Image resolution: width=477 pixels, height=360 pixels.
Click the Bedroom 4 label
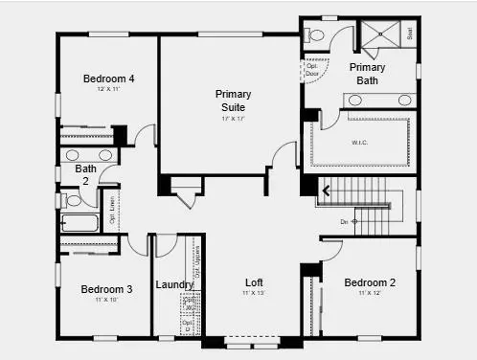(107, 79)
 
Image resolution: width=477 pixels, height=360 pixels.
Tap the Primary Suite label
(234, 101)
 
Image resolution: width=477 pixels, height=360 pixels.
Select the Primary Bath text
(368, 74)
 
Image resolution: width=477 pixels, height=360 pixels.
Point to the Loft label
(253, 283)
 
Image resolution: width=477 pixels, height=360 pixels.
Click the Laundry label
(175, 284)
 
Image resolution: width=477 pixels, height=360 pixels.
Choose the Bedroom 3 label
(106, 289)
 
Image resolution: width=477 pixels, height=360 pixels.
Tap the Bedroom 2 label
(370, 282)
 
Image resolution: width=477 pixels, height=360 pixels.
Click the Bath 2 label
(86, 175)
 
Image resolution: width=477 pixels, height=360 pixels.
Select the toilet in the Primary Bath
(317, 35)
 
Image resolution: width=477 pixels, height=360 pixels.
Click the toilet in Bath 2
(72, 200)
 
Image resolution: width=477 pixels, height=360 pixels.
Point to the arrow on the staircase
(327, 191)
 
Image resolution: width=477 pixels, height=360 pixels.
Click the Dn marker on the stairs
(347, 221)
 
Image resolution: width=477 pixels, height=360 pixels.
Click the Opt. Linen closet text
(112, 210)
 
